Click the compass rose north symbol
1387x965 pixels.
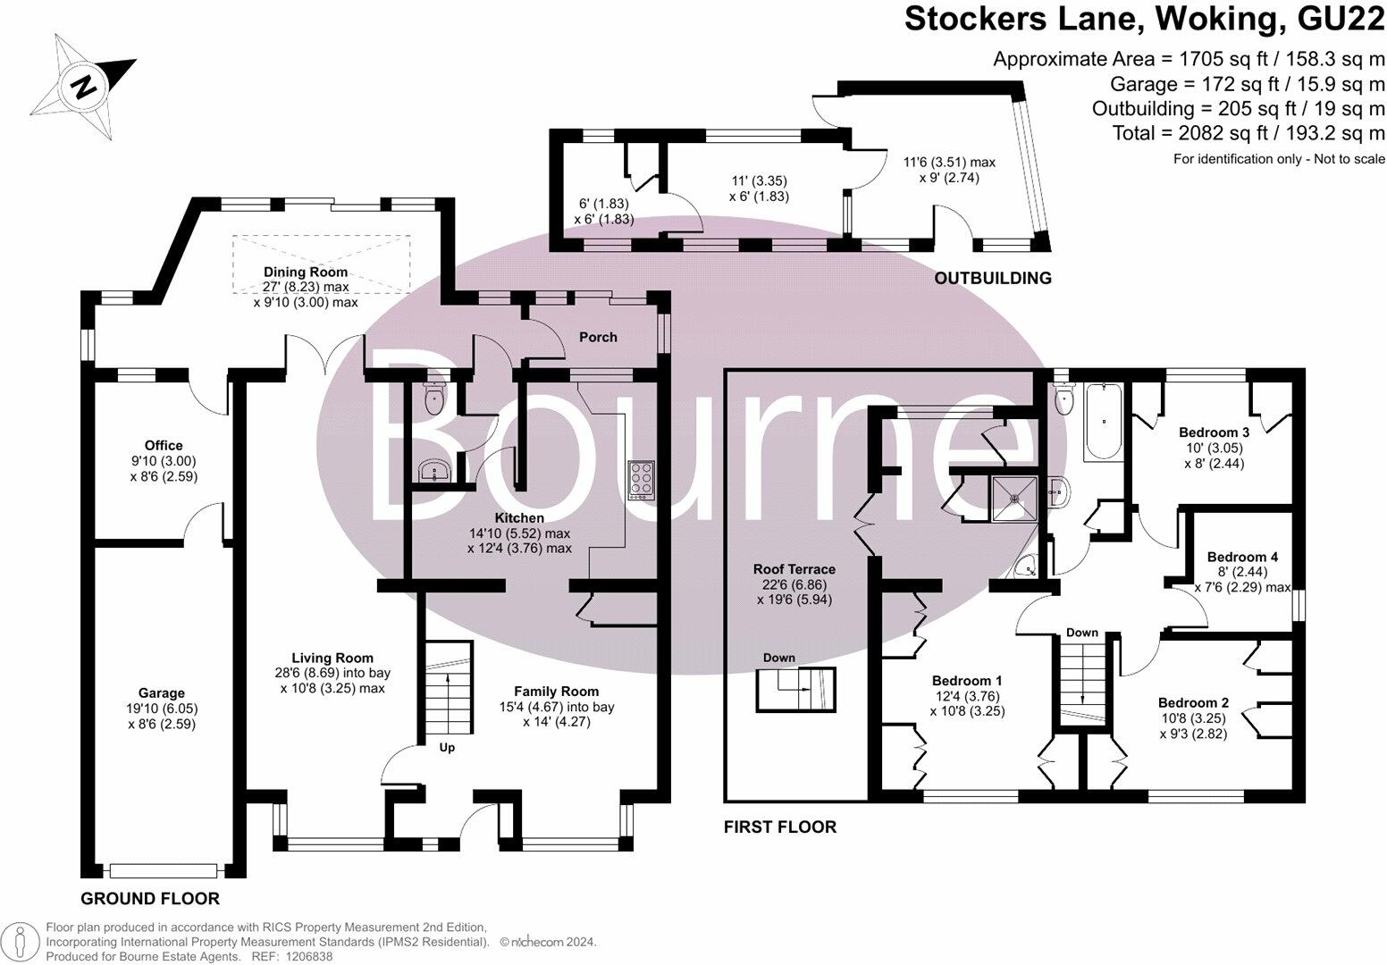click(83, 86)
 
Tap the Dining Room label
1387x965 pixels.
click(306, 272)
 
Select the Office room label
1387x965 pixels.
click(164, 445)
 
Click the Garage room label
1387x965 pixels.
click(162, 692)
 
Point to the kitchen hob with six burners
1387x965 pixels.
click(642, 480)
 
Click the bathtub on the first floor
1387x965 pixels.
click(1104, 422)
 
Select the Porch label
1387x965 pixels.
click(598, 338)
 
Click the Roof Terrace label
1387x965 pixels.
click(794, 569)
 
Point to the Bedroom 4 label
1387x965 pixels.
click(1242, 557)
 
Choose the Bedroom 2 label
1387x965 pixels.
click(1193, 702)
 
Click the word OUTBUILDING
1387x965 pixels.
click(993, 279)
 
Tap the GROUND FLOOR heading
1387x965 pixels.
click(150, 899)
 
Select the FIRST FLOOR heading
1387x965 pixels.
click(780, 827)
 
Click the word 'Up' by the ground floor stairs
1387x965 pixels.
click(447, 748)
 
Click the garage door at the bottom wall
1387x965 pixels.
click(164, 871)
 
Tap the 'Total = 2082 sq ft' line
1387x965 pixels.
click(1248, 133)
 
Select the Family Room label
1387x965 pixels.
click(556, 692)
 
